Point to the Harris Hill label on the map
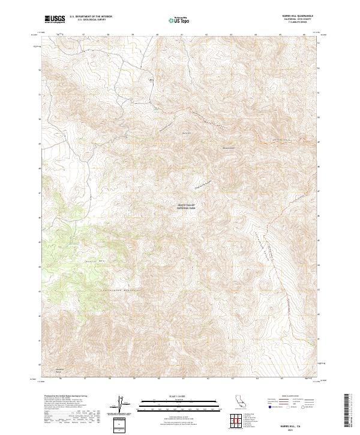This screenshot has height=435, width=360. (x=186, y=133)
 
